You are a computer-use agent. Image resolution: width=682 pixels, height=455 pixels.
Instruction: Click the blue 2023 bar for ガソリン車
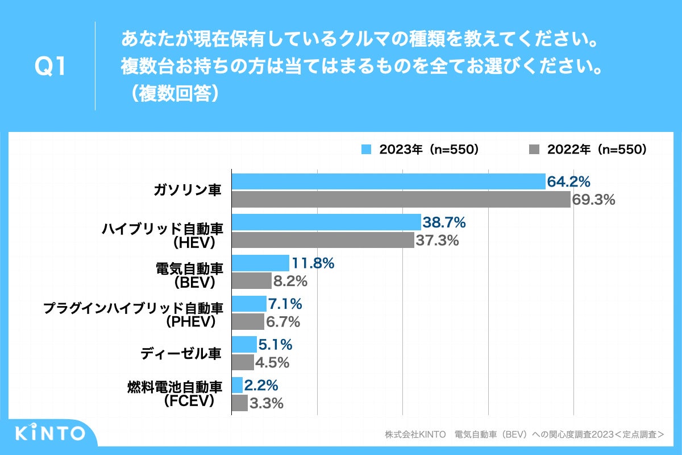pyautogui.click(x=388, y=181)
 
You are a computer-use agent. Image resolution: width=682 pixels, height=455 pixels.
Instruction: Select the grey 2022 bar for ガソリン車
pyautogui.click(x=401, y=200)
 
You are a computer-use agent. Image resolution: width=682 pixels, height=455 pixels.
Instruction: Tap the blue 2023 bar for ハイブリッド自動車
pyautogui.click(x=326, y=222)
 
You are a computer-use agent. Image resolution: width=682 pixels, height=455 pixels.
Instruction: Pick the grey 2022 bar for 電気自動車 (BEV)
pyautogui.click(x=252, y=281)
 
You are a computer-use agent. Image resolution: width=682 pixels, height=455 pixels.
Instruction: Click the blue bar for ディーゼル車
pyautogui.click(x=244, y=344)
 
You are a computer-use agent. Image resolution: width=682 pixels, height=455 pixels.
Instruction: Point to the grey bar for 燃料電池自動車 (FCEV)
pyautogui.click(x=240, y=403)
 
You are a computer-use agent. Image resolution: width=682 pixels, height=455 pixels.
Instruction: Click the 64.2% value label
pyautogui.click(x=568, y=182)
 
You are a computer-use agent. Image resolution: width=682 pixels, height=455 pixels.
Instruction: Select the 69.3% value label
pyautogui.click(x=594, y=200)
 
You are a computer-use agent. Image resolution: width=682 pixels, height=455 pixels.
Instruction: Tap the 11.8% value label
pyautogui.click(x=312, y=263)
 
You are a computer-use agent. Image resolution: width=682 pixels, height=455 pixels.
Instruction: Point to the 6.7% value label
pyautogui.click(x=282, y=322)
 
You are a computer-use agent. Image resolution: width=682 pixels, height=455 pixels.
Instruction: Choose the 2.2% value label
pyautogui.click(x=261, y=386)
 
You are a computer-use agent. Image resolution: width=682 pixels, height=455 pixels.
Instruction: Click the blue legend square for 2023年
pyautogui.click(x=367, y=150)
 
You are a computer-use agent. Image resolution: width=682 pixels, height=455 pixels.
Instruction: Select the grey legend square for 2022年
pyautogui.click(x=534, y=150)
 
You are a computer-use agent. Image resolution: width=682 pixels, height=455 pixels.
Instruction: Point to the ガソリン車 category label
pyautogui.click(x=187, y=191)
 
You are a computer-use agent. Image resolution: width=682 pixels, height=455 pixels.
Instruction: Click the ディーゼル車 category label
pyautogui.click(x=181, y=353)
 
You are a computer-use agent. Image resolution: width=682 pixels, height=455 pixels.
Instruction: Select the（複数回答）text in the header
pyautogui.click(x=170, y=93)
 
